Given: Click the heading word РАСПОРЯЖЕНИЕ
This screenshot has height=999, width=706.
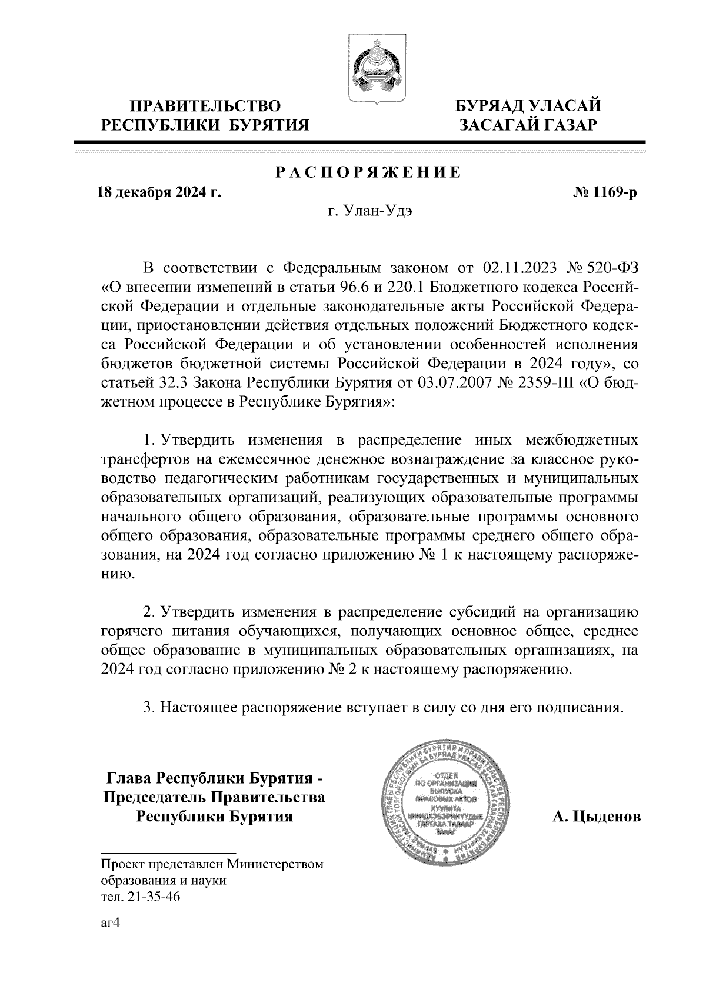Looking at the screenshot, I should (369, 173).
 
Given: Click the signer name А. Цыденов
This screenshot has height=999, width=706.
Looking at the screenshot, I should (596, 817).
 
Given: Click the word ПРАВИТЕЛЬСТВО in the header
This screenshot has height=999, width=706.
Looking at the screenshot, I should (205, 106).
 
